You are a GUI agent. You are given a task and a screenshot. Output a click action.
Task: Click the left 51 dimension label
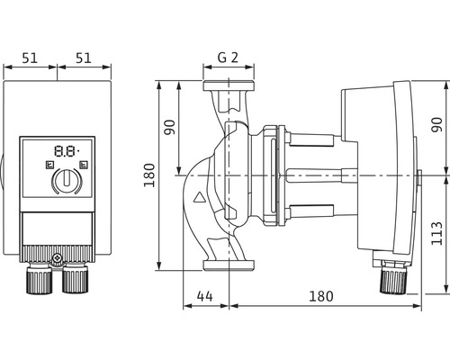point(30,58)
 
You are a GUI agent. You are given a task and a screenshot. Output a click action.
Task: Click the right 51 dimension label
point(83,58)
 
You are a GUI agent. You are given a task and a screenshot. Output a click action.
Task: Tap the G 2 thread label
point(228,58)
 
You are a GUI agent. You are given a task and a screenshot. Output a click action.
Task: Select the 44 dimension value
point(205,296)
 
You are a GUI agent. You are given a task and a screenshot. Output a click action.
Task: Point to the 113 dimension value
point(436,233)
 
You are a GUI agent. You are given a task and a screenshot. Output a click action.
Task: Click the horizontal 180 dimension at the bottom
point(321,296)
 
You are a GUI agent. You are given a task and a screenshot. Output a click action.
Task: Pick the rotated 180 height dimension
point(149,175)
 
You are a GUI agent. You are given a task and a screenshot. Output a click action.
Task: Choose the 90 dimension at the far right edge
point(436,125)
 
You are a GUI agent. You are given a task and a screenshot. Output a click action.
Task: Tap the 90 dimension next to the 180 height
point(170,127)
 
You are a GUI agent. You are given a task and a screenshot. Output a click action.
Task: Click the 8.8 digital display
point(67,151)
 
